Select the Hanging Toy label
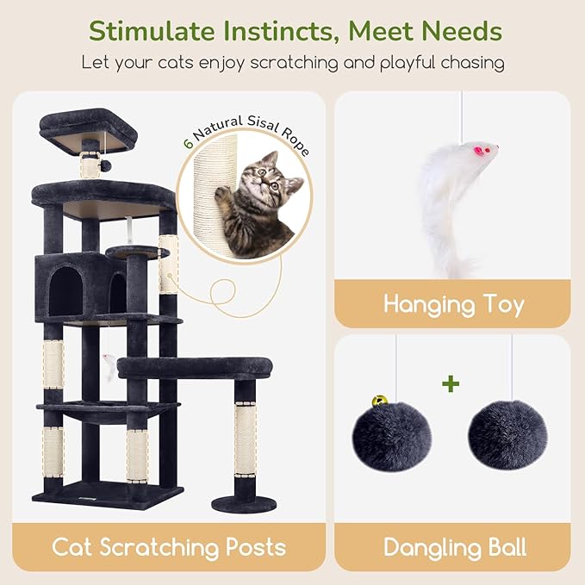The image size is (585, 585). [453, 303]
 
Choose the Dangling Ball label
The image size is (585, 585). [454, 546]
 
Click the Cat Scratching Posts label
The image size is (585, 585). [169, 546]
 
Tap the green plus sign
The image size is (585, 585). [450, 384]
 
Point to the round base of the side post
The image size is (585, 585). [246, 502]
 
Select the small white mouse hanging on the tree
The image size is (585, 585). [109, 367]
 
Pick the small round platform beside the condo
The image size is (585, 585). [138, 251]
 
